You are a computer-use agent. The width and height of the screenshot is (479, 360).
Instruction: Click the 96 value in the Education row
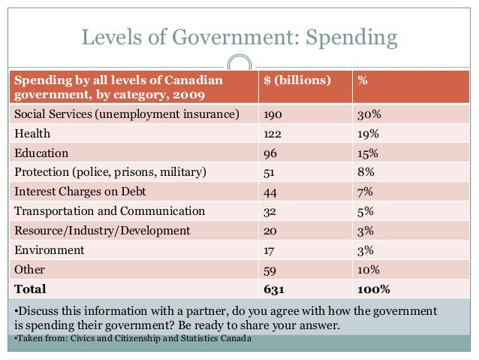[270, 152]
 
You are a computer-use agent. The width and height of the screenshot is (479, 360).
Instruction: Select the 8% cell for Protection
[365, 171]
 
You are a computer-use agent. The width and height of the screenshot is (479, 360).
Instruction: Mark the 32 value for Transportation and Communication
[270, 210]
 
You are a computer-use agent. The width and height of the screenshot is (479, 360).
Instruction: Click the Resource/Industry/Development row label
[103, 230]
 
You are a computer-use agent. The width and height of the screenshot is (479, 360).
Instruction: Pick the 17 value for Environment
[269, 250]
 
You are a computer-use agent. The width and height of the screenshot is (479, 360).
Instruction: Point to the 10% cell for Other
[368, 269]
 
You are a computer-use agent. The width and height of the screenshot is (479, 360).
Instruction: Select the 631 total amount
[272, 289]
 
